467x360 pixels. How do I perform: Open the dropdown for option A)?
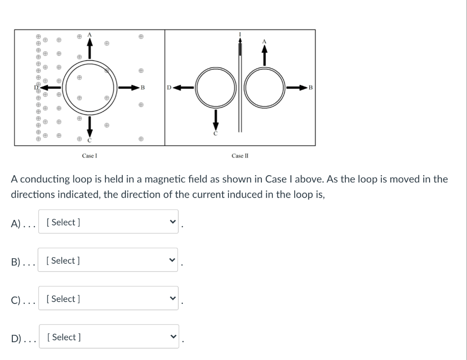[108, 222]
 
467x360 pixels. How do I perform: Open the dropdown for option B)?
[108, 261]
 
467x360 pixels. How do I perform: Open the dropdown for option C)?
[108, 299]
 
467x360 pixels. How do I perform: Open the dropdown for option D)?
[109, 337]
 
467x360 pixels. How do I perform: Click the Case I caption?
[89, 156]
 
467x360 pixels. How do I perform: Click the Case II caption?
[240, 156]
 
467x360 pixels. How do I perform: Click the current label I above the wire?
[240, 34]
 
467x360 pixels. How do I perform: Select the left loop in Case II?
[216, 87]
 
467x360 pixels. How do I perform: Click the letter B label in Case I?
[142, 87]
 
